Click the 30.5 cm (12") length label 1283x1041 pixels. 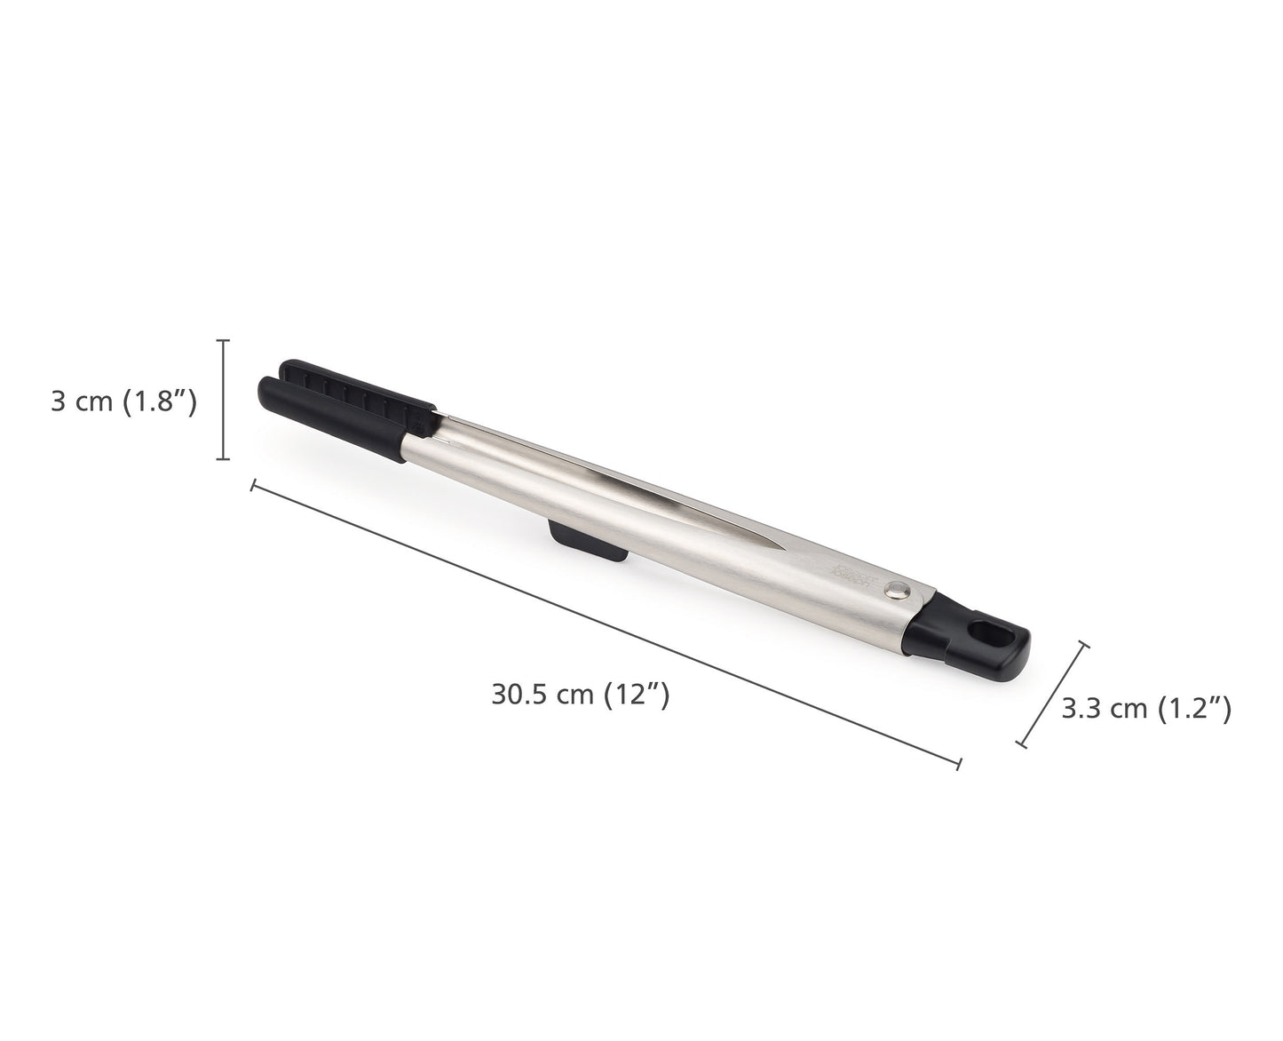coord(580,694)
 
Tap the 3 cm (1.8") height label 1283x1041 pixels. coord(123,401)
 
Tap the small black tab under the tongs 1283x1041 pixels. coord(587,544)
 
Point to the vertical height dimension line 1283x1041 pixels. coord(223,400)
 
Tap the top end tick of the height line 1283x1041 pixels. coord(223,340)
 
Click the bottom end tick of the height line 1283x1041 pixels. coord(223,459)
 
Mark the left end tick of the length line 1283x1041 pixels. coord(254,485)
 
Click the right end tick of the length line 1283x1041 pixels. coord(959,762)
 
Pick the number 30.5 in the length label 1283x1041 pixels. coord(519,694)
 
